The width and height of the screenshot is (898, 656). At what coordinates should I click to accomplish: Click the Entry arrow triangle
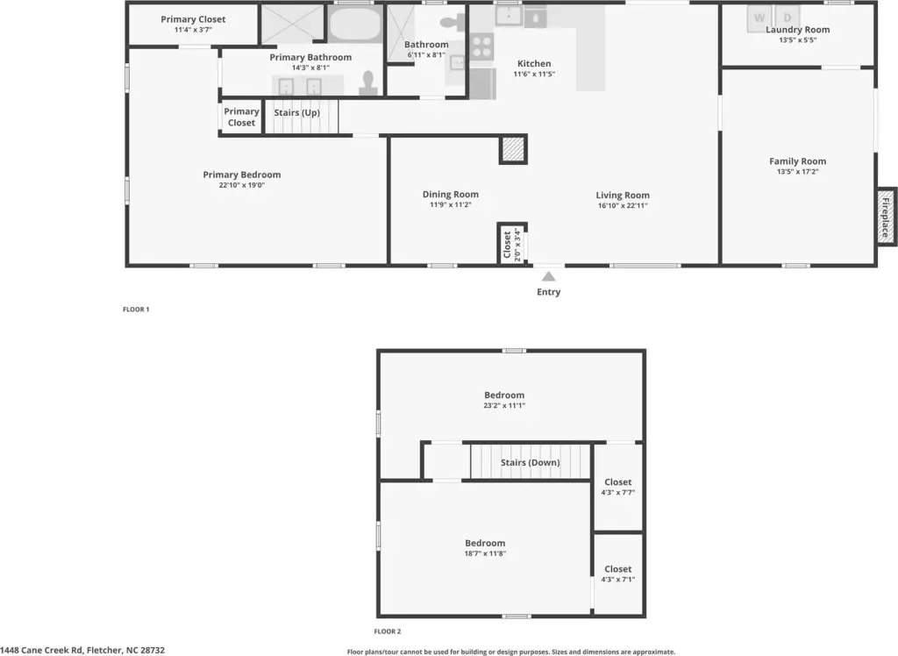[x=549, y=277]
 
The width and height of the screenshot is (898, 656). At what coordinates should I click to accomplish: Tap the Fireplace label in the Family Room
[x=886, y=217]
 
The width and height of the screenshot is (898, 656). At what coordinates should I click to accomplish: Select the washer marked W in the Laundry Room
[x=759, y=18]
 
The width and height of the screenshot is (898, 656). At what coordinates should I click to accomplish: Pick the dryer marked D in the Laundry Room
[x=788, y=18]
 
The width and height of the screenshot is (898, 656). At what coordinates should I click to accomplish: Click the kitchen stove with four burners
[x=481, y=46]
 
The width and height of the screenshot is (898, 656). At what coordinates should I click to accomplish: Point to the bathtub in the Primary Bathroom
[x=354, y=23]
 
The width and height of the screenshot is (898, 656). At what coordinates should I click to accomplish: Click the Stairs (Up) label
[x=296, y=112]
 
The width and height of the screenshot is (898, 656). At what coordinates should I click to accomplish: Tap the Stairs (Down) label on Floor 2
[x=531, y=462]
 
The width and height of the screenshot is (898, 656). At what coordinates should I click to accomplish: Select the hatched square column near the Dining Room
[x=513, y=149]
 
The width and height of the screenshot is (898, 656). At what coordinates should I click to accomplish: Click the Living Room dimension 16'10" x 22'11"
[x=623, y=205]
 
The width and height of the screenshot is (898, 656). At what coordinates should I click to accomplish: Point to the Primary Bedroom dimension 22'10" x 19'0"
[x=242, y=185]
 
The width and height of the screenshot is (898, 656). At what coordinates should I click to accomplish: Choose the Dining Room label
[x=451, y=194]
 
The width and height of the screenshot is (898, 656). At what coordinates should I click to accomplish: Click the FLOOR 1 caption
[x=136, y=310]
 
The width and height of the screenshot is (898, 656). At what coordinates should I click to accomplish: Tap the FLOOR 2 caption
[x=388, y=631]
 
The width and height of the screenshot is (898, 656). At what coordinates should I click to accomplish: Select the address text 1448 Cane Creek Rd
[x=41, y=650]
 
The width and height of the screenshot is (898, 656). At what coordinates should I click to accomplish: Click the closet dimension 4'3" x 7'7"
[x=618, y=492]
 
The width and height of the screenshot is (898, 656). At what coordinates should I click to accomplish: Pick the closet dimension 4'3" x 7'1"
[x=618, y=579]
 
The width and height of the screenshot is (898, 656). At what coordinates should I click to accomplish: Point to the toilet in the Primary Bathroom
[x=368, y=83]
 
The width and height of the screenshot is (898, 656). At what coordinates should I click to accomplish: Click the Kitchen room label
[x=534, y=64]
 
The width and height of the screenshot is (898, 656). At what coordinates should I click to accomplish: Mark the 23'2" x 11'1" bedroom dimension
[x=504, y=405]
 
